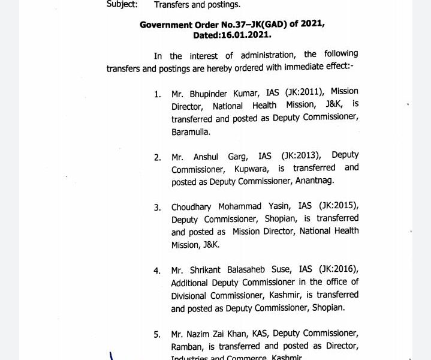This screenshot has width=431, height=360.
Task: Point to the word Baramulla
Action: [191, 131]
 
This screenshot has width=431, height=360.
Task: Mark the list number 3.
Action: [157, 208]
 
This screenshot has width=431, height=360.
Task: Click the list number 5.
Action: [157, 334]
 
